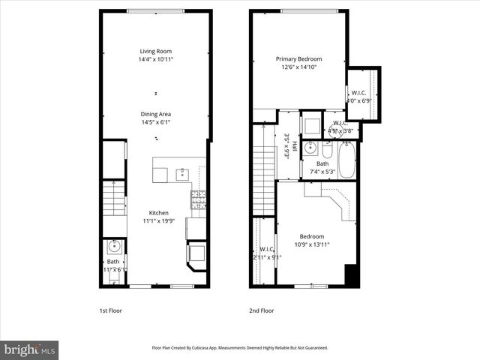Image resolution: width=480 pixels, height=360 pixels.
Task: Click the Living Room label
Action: pyautogui.click(x=156, y=51)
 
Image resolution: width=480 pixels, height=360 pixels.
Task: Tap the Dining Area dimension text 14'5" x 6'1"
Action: pyautogui.click(x=156, y=122)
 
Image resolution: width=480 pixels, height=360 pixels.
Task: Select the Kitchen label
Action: pyautogui.click(x=158, y=213)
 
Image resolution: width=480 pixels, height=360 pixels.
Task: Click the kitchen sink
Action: pyautogui.click(x=182, y=175)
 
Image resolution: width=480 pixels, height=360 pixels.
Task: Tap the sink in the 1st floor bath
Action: pyautogui.click(x=115, y=246)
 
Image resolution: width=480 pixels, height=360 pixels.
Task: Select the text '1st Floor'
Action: pyautogui.click(x=110, y=310)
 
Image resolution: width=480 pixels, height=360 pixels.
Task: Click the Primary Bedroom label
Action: pyautogui.click(x=298, y=58)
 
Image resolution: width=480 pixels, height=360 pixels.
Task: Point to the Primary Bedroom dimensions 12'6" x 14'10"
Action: pyautogui.click(x=298, y=67)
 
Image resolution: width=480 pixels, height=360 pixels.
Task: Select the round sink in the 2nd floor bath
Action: pyautogui.click(x=310, y=148)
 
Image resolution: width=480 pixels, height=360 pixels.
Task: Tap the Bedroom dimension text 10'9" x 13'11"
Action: pyautogui.click(x=313, y=244)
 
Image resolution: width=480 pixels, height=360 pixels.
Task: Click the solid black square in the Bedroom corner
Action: pyautogui.click(x=351, y=275)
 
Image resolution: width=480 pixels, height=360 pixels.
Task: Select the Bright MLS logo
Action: pyautogui.click(x=30, y=349)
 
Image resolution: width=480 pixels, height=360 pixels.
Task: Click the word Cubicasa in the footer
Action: pyautogui.click(x=214, y=348)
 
